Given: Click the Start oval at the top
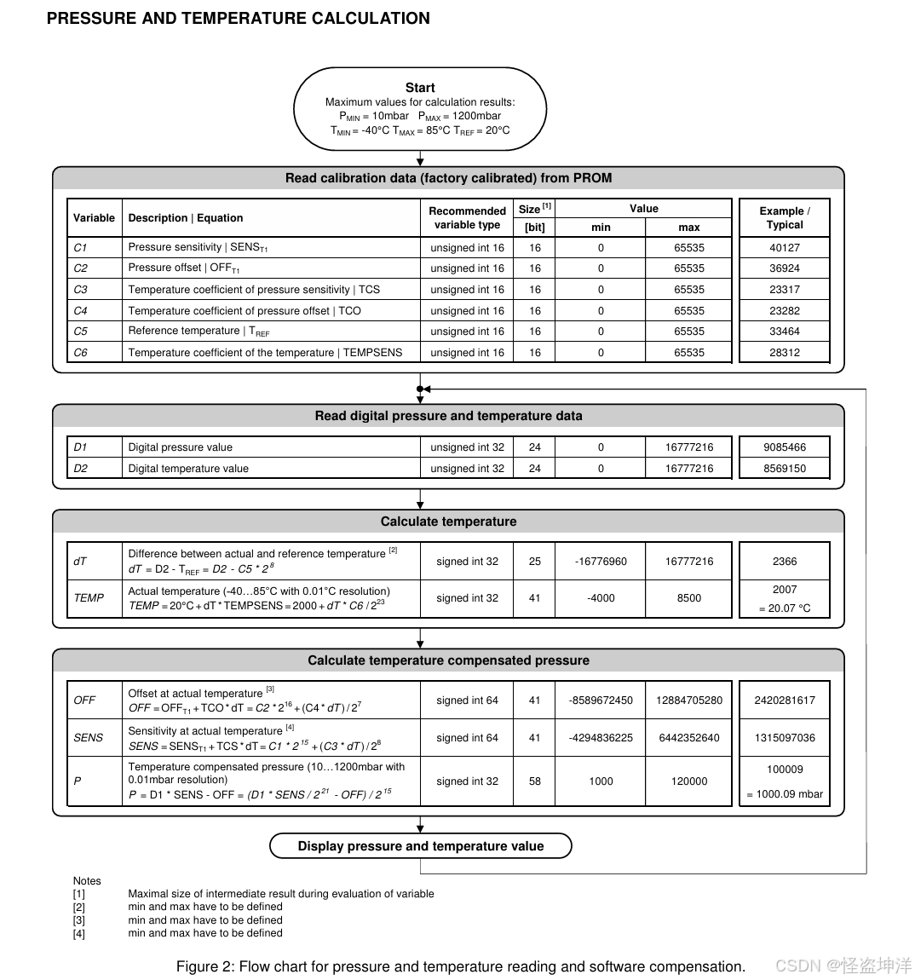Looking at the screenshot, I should (x=420, y=109).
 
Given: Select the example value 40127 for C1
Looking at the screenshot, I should (x=784, y=248).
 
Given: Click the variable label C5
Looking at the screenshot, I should (x=80, y=331).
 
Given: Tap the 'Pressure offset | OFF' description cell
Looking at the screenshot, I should (x=184, y=268).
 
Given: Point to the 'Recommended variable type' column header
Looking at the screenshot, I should (x=467, y=218).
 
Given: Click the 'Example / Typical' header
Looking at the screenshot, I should (x=784, y=218).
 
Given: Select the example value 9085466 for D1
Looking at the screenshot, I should (x=784, y=447).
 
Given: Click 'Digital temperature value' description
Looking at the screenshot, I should (x=188, y=469).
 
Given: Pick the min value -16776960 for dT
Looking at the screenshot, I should (x=601, y=562).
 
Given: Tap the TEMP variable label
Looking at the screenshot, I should (x=89, y=598).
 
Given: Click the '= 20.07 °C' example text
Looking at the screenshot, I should (x=784, y=608).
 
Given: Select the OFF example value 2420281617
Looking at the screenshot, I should (x=784, y=700).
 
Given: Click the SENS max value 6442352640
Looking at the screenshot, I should (x=688, y=738).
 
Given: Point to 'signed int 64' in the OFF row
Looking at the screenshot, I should (x=467, y=700).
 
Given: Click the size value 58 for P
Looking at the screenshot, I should (x=534, y=781).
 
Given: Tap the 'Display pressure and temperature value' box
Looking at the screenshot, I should (x=420, y=846).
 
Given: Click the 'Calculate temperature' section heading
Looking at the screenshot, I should (x=448, y=522).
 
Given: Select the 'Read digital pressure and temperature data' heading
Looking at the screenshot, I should (x=448, y=416).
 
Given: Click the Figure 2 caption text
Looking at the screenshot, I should (x=460, y=966).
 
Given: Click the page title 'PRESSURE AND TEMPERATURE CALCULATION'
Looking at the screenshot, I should (x=239, y=19).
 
